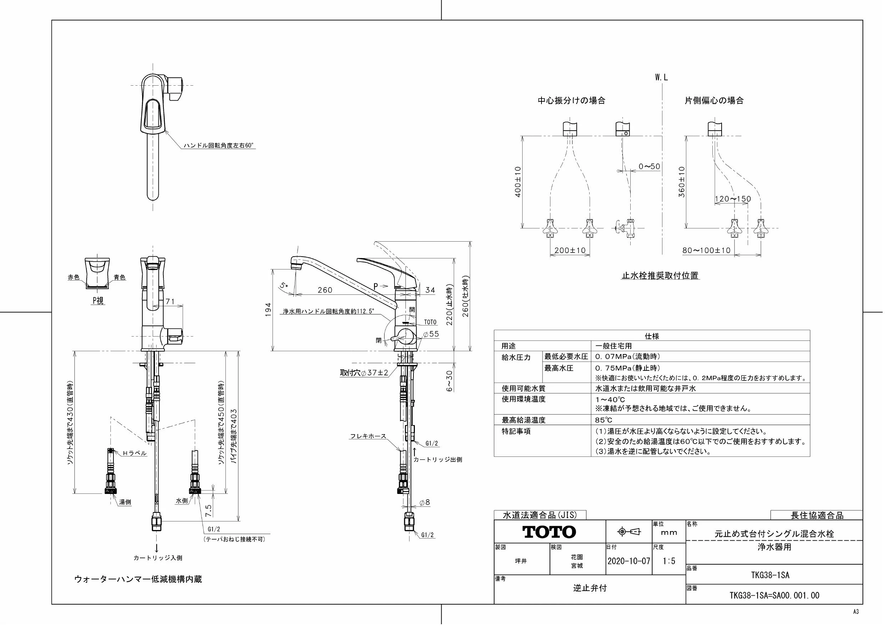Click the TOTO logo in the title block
[549, 532]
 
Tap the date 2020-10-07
[629, 561]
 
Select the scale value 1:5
[669, 561]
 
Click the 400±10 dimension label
[518, 182]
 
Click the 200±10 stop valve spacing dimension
[570, 250]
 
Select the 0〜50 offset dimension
[650, 167]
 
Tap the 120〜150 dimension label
[733, 199]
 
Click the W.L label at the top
[661, 77]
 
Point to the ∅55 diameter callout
[431, 334]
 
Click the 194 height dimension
[268, 310]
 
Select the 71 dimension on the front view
[170, 302]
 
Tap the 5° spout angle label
[284, 286]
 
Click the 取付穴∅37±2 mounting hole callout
[364, 373]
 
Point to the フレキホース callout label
[368, 436]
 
